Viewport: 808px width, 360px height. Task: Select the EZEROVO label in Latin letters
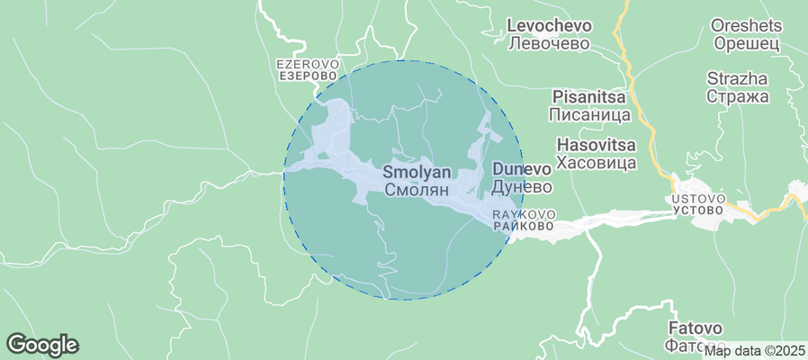(x=307, y=65)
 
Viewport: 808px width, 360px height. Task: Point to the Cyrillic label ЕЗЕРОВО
(x=307, y=77)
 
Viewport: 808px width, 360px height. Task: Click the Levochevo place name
(x=548, y=25)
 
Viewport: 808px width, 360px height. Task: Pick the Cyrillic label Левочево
(x=548, y=43)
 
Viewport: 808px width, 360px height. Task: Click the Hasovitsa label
(x=597, y=145)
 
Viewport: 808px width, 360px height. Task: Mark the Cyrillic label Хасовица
(x=597, y=163)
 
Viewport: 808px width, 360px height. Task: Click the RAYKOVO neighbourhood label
(x=524, y=215)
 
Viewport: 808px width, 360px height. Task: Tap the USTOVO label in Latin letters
(x=697, y=198)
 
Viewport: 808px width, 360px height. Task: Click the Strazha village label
(x=737, y=78)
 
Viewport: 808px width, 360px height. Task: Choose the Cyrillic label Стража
(x=737, y=96)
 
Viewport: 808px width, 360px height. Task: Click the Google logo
(x=42, y=344)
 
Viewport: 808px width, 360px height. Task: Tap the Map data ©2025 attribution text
(x=753, y=351)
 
